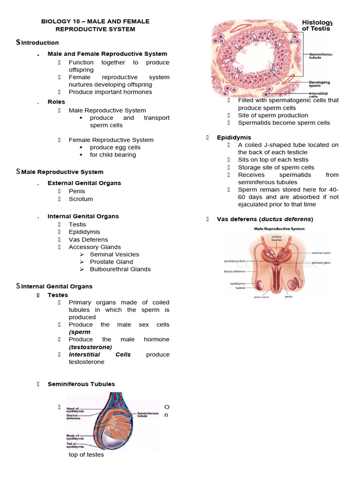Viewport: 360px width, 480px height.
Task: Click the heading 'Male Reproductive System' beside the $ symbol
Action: pyautogui.click(x=62, y=172)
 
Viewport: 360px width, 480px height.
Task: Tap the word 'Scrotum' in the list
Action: pyautogui.click(x=81, y=199)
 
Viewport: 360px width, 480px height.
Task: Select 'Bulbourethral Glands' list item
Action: pyautogui.click(x=120, y=269)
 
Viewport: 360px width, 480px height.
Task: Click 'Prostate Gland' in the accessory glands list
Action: pyautogui.click(x=111, y=262)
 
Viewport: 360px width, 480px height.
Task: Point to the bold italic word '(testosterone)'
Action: pyautogui.click(x=90, y=347)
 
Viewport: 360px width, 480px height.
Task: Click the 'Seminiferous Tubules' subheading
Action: pyautogui.click(x=81, y=384)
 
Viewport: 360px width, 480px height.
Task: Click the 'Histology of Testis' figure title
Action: pyautogui.click(x=316, y=25)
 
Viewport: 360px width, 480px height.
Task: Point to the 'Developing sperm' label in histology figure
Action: pyautogui.click(x=319, y=84)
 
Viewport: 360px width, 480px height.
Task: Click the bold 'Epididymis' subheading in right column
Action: pyautogui.click(x=234, y=137)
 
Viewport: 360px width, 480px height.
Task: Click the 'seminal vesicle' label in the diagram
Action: pyautogui.click(x=320, y=253)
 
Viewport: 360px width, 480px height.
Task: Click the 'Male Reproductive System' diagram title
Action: pyautogui.click(x=279, y=229)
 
